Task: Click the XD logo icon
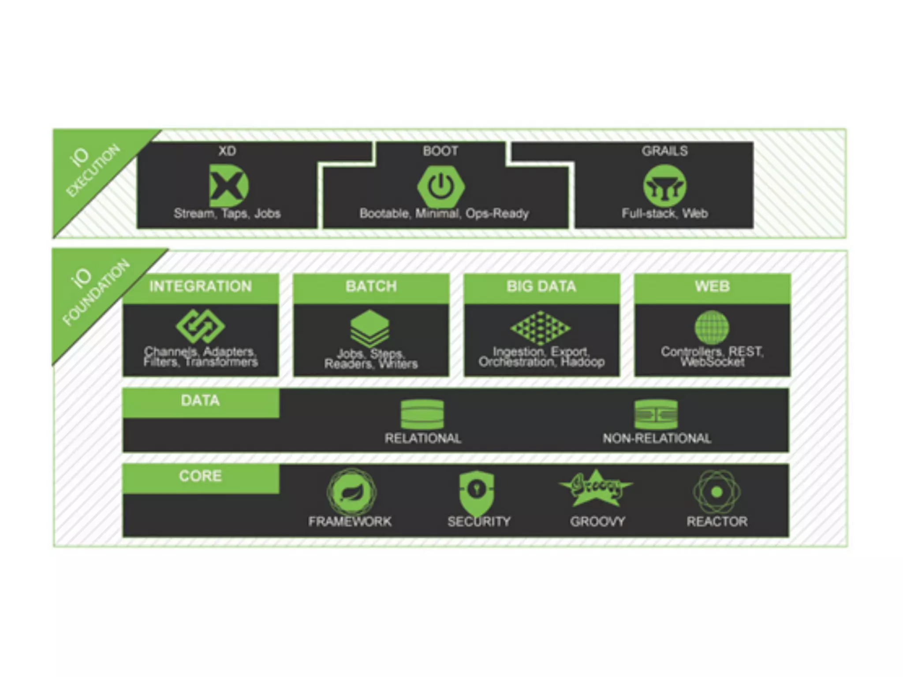229,186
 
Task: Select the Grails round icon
664,186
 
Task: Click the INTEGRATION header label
201,286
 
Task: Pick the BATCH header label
371,286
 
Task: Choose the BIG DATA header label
541,286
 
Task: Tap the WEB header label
712,286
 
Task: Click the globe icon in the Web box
712,327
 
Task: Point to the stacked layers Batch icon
370,328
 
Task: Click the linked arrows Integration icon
201,327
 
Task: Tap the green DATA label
200,401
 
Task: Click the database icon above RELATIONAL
422,414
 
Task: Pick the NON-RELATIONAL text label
657,439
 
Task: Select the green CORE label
200,476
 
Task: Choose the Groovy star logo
596,488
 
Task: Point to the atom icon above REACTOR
716,492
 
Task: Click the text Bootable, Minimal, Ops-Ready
444,214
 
